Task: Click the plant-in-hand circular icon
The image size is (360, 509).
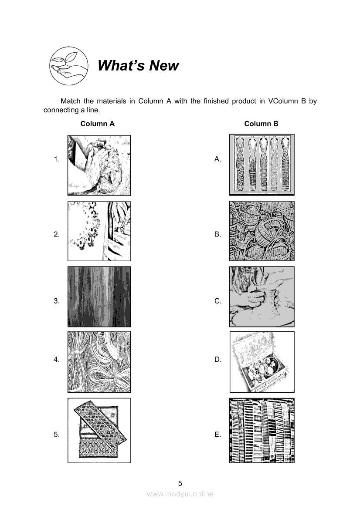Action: pyautogui.click(x=68, y=66)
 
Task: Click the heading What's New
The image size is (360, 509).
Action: pyautogui.click(x=138, y=65)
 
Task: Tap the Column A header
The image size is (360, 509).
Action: pyautogui.click(x=98, y=124)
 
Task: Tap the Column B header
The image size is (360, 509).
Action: pyautogui.click(x=261, y=124)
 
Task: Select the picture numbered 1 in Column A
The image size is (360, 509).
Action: pyautogui.click(x=99, y=165)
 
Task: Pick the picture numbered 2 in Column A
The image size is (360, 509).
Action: pyautogui.click(x=99, y=231)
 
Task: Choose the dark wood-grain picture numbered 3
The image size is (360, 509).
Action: pyautogui.click(x=99, y=297)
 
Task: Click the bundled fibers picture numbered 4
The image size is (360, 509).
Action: pyautogui.click(x=99, y=362)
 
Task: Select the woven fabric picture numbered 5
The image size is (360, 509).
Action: pyautogui.click(x=99, y=431)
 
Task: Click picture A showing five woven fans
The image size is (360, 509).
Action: pyautogui.click(x=262, y=165)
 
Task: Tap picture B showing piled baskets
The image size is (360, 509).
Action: pyautogui.click(x=262, y=231)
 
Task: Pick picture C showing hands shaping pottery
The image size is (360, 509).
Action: pyautogui.click(x=262, y=297)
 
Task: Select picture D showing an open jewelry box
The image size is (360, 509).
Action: pyautogui.click(x=262, y=362)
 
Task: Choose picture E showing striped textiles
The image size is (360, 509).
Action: pyautogui.click(x=262, y=431)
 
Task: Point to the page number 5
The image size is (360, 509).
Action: pyautogui.click(x=180, y=483)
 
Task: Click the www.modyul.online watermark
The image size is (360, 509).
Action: pyautogui.click(x=180, y=494)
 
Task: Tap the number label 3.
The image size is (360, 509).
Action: pyautogui.click(x=57, y=301)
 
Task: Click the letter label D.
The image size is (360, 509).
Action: pyautogui.click(x=217, y=359)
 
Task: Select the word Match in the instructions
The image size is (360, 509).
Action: pyautogui.click(x=71, y=101)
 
